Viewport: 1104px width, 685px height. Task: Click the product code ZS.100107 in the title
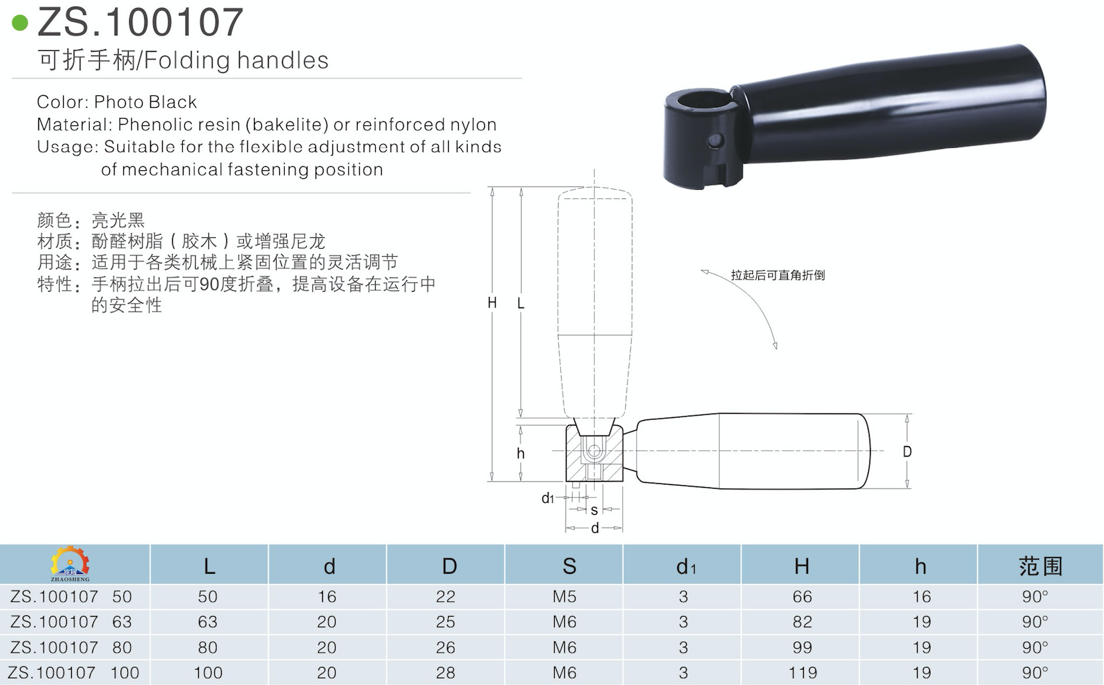tap(141, 22)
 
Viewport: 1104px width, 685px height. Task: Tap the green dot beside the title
tap(20, 23)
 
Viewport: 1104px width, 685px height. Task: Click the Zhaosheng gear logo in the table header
tap(70, 563)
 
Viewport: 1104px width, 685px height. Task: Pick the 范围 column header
tap(1040, 566)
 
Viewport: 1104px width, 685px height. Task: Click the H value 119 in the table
tap(803, 672)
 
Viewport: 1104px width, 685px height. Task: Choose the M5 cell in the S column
tap(565, 597)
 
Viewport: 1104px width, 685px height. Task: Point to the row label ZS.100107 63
tap(71, 622)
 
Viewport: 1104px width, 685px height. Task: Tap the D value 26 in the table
tap(445, 647)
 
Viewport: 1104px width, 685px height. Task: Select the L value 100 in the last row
tap(208, 672)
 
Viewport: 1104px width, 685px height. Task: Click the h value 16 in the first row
tap(921, 597)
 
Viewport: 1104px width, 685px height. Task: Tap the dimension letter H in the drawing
tap(492, 303)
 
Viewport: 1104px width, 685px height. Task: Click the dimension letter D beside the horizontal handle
tap(907, 452)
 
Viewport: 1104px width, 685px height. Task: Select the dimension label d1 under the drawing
tap(547, 499)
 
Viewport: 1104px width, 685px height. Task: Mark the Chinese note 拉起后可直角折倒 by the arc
tap(777, 275)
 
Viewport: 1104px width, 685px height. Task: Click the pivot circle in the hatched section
tap(593, 452)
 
